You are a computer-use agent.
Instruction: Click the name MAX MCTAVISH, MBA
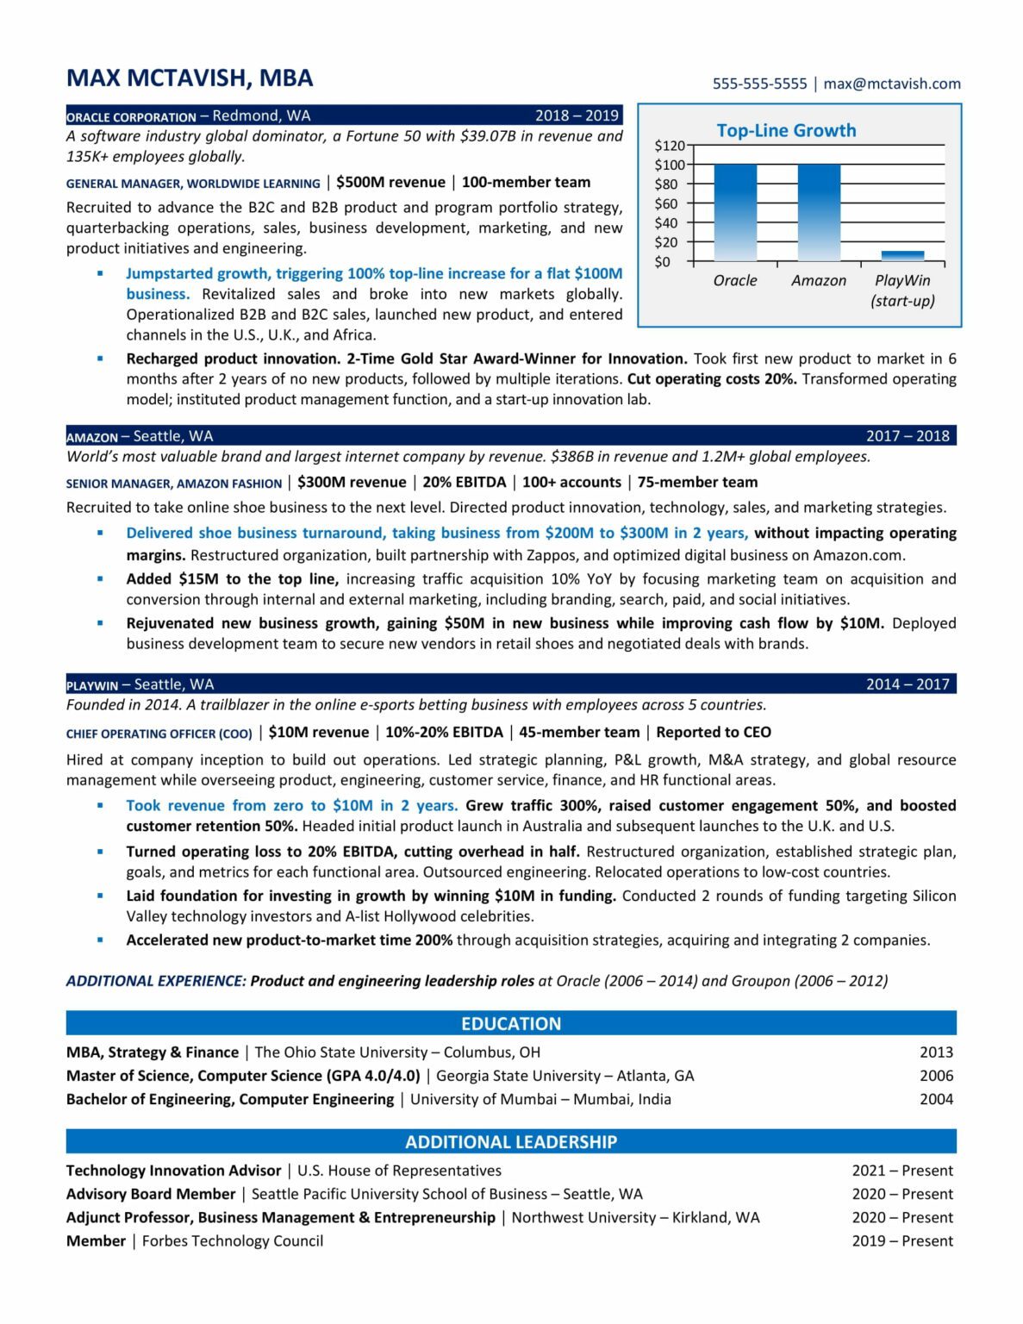click(x=190, y=78)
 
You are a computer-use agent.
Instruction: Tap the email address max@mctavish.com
click(x=891, y=84)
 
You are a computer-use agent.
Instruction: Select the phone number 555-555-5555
click(x=759, y=84)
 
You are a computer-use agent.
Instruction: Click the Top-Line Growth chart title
click(x=786, y=130)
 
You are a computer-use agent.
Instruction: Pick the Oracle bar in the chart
click(x=735, y=212)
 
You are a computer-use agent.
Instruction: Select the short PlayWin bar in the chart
click(x=902, y=255)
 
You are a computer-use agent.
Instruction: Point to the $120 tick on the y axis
click(x=669, y=146)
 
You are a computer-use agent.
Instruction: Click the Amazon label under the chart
click(x=818, y=280)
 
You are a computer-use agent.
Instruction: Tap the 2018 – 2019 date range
click(x=577, y=116)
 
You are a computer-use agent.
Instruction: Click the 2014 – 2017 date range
click(x=908, y=684)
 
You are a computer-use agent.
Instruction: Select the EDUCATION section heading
click(x=511, y=1023)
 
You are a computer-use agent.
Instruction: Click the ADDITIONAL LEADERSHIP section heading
click(x=511, y=1141)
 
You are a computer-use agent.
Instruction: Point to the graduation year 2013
click(x=935, y=1052)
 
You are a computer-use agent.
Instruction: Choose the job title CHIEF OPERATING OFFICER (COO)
click(x=159, y=734)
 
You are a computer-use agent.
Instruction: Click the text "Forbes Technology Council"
click(x=233, y=1240)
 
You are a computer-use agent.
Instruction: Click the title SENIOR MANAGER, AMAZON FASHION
click(x=174, y=484)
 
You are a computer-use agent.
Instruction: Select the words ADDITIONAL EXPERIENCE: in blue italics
click(x=156, y=980)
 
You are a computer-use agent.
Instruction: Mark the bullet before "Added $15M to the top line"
click(x=100, y=578)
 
